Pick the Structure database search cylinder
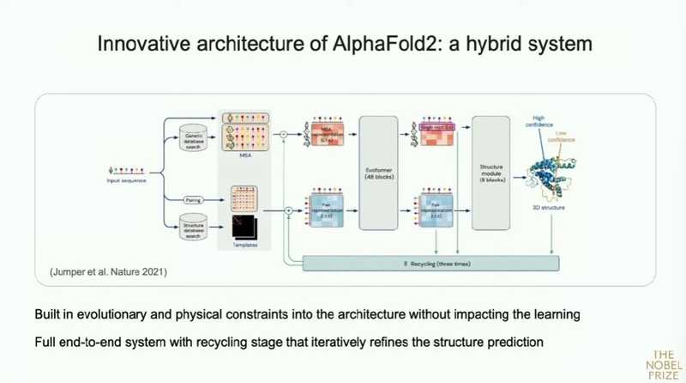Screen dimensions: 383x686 196,226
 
